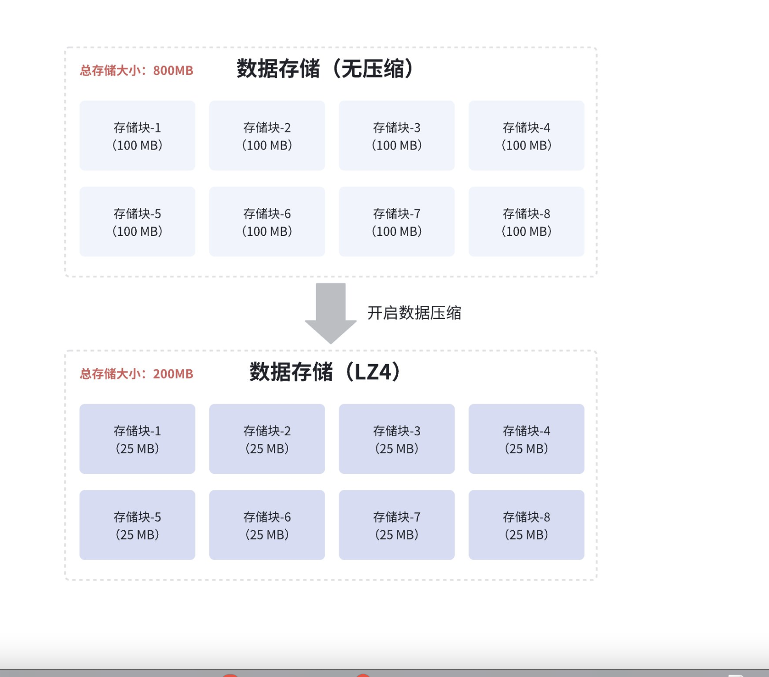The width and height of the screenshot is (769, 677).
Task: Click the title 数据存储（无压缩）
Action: click(x=325, y=69)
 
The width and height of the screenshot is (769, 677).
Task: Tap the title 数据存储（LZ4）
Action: click(x=325, y=372)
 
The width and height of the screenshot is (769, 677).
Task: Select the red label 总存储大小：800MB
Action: click(x=137, y=71)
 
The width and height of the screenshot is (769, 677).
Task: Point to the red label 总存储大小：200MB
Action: click(x=137, y=374)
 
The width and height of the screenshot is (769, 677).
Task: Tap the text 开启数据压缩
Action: click(x=414, y=313)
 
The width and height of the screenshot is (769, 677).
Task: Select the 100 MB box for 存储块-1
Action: click(x=137, y=136)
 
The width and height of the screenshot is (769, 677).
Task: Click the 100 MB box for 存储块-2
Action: click(x=267, y=136)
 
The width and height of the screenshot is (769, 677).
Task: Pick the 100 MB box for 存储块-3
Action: click(x=396, y=136)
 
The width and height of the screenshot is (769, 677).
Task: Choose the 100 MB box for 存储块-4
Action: click(x=526, y=136)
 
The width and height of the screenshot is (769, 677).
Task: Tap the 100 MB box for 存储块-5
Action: click(x=137, y=222)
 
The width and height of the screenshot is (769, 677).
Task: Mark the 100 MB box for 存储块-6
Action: click(x=267, y=222)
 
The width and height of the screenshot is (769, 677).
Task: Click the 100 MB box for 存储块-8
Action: click(x=526, y=222)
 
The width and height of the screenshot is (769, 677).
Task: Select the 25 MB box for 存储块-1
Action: click(x=137, y=439)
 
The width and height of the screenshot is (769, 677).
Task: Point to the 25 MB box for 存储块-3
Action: click(x=396, y=439)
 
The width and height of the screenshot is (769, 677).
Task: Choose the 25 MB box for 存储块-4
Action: click(x=526, y=439)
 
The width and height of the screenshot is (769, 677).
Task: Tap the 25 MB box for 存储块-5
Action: click(x=137, y=525)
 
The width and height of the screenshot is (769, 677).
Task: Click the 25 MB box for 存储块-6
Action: click(x=267, y=525)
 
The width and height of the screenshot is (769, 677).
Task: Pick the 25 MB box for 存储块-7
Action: click(x=396, y=525)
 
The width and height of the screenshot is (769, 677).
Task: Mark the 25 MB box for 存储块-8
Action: click(x=526, y=525)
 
